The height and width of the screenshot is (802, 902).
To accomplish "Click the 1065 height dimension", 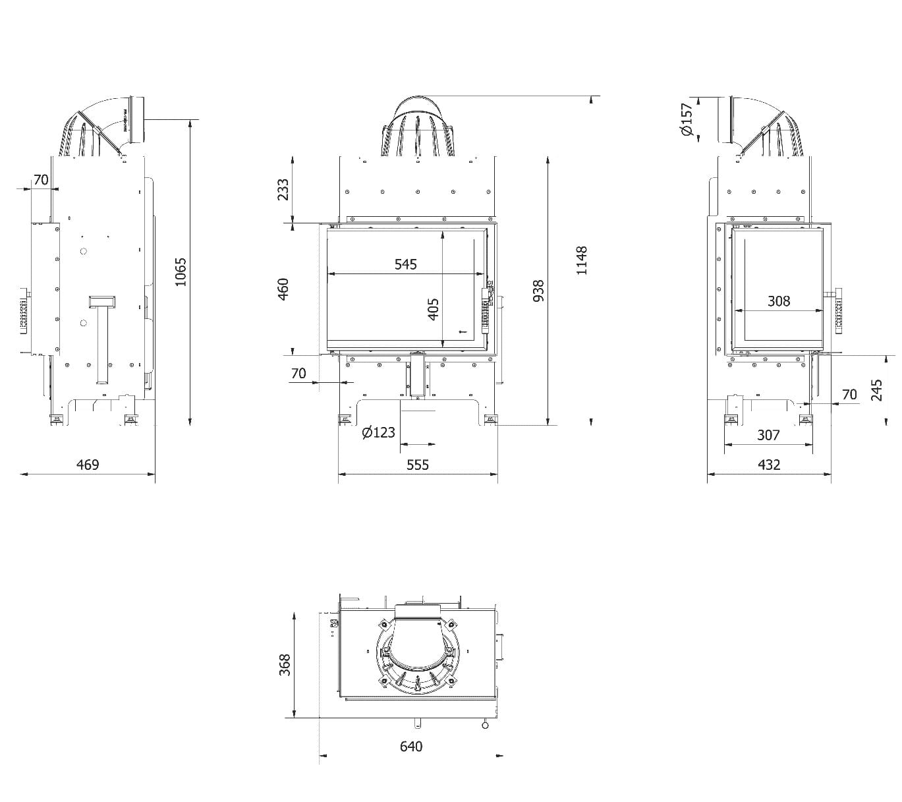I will [x=181, y=272].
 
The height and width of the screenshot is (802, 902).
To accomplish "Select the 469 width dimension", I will [x=88, y=465].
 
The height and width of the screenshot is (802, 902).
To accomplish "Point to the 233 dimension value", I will [x=283, y=190].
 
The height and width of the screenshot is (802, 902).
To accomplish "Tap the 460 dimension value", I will [x=283, y=289].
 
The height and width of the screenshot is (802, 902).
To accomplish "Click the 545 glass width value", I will [x=406, y=264].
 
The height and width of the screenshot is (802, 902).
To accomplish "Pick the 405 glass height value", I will [x=434, y=309].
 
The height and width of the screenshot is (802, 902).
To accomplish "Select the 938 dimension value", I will [x=538, y=291].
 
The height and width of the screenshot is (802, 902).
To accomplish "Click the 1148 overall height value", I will [x=581, y=260].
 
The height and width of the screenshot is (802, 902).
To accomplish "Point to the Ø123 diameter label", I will [x=379, y=432].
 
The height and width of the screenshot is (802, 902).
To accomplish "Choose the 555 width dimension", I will [x=418, y=465].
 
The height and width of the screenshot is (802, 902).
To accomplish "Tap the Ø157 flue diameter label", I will [x=687, y=119].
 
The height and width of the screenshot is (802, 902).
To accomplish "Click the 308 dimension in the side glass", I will [x=779, y=301].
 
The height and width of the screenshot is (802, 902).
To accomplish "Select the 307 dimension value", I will [x=768, y=435].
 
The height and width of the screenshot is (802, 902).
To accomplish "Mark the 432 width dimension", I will [x=769, y=465].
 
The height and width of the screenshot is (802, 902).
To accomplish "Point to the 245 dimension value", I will [x=876, y=389].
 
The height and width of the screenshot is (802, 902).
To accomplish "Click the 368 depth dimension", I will [x=284, y=666].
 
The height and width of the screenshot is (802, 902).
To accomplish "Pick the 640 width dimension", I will [x=411, y=746].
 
